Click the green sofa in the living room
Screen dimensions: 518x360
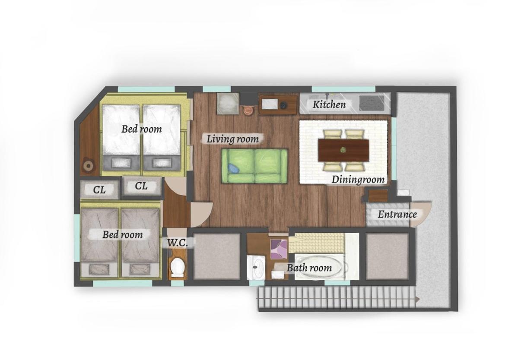(254, 166)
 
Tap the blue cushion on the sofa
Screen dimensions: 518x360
(234, 169)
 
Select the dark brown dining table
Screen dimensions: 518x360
(343, 150)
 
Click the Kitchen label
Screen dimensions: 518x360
(329, 104)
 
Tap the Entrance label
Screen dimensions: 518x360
(397, 215)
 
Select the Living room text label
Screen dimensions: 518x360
(232, 139)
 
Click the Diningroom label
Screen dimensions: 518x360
(358, 180)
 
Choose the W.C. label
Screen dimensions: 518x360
(178, 243)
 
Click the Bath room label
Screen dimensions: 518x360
(309, 268)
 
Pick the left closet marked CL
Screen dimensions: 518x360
(99, 190)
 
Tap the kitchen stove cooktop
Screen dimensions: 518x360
(372, 103)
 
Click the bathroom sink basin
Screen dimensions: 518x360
(256, 267)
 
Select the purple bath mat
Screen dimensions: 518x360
(279, 249)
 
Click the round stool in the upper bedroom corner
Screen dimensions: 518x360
(89, 165)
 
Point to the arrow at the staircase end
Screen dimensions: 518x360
(418, 299)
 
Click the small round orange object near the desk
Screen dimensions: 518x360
(248, 111)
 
